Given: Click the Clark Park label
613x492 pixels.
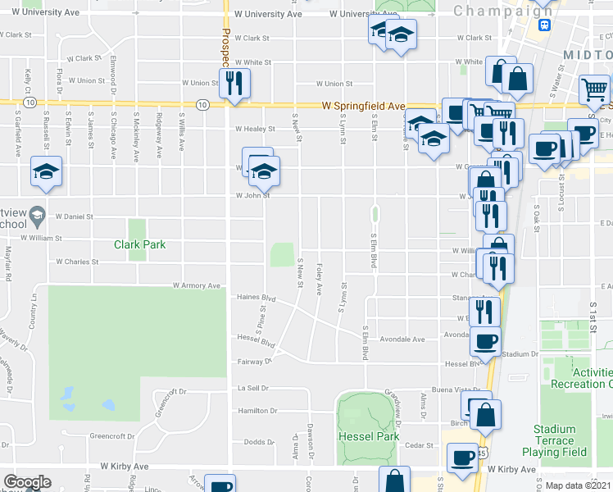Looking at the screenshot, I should (x=140, y=244).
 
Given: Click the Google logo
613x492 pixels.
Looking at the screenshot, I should (x=27, y=482).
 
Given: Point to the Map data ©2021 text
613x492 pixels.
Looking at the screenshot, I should (x=578, y=485).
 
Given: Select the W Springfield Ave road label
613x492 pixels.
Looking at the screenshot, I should (x=364, y=107).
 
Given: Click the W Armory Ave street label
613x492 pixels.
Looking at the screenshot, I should (x=197, y=286).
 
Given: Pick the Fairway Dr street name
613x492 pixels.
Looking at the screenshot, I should (x=256, y=361).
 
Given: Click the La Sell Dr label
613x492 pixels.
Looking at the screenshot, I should (x=253, y=388).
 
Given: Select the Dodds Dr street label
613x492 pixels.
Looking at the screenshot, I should (x=260, y=442).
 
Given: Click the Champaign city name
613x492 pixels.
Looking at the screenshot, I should (x=502, y=11).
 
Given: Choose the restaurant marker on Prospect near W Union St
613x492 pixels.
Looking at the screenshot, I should (x=234, y=83).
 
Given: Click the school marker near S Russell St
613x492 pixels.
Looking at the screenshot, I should (x=46, y=171).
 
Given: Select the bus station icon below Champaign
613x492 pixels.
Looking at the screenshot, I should (x=543, y=25).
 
